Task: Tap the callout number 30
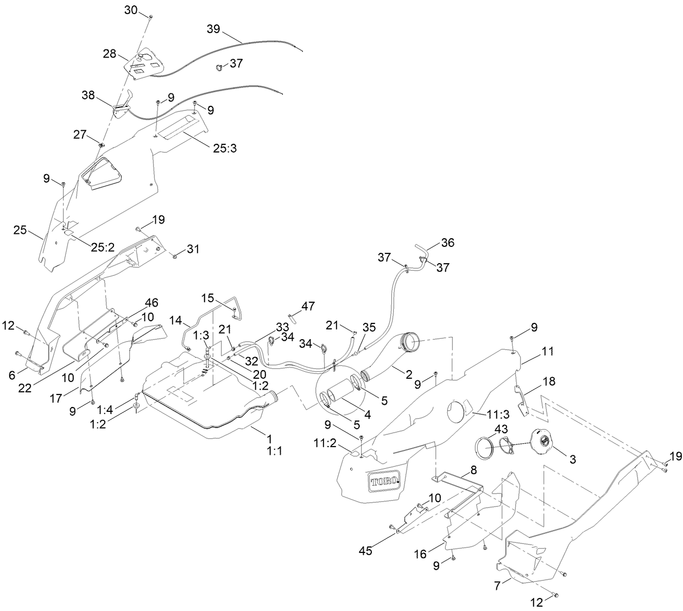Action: pyautogui.click(x=131, y=10)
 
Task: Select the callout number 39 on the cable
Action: pyautogui.click(x=213, y=29)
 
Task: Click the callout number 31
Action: pyautogui.click(x=193, y=249)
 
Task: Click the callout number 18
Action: pyautogui.click(x=549, y=381)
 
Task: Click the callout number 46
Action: pyautogui.click(x=151, y=303)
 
